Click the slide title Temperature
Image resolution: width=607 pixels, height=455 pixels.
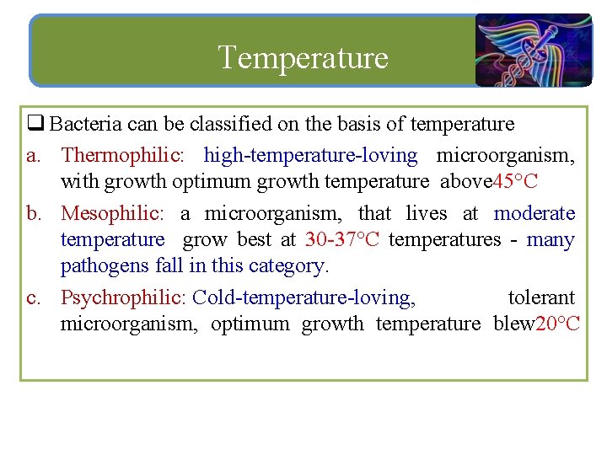(303, 57)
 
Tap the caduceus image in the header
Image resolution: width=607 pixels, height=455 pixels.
(533, 51)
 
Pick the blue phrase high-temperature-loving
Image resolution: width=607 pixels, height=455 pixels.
(310, 155)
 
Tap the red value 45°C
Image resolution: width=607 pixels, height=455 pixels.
(515, 181)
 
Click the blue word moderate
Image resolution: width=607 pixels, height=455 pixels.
(534, 213)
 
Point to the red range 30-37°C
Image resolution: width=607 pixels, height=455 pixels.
(342, 239)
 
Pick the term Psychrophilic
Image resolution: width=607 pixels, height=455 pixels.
(123, 297)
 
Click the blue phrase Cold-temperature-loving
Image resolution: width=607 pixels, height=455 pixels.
(303, 297)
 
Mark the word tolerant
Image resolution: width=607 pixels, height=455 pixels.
(541, 297)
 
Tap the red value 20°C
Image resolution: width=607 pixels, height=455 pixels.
(558, 324)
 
